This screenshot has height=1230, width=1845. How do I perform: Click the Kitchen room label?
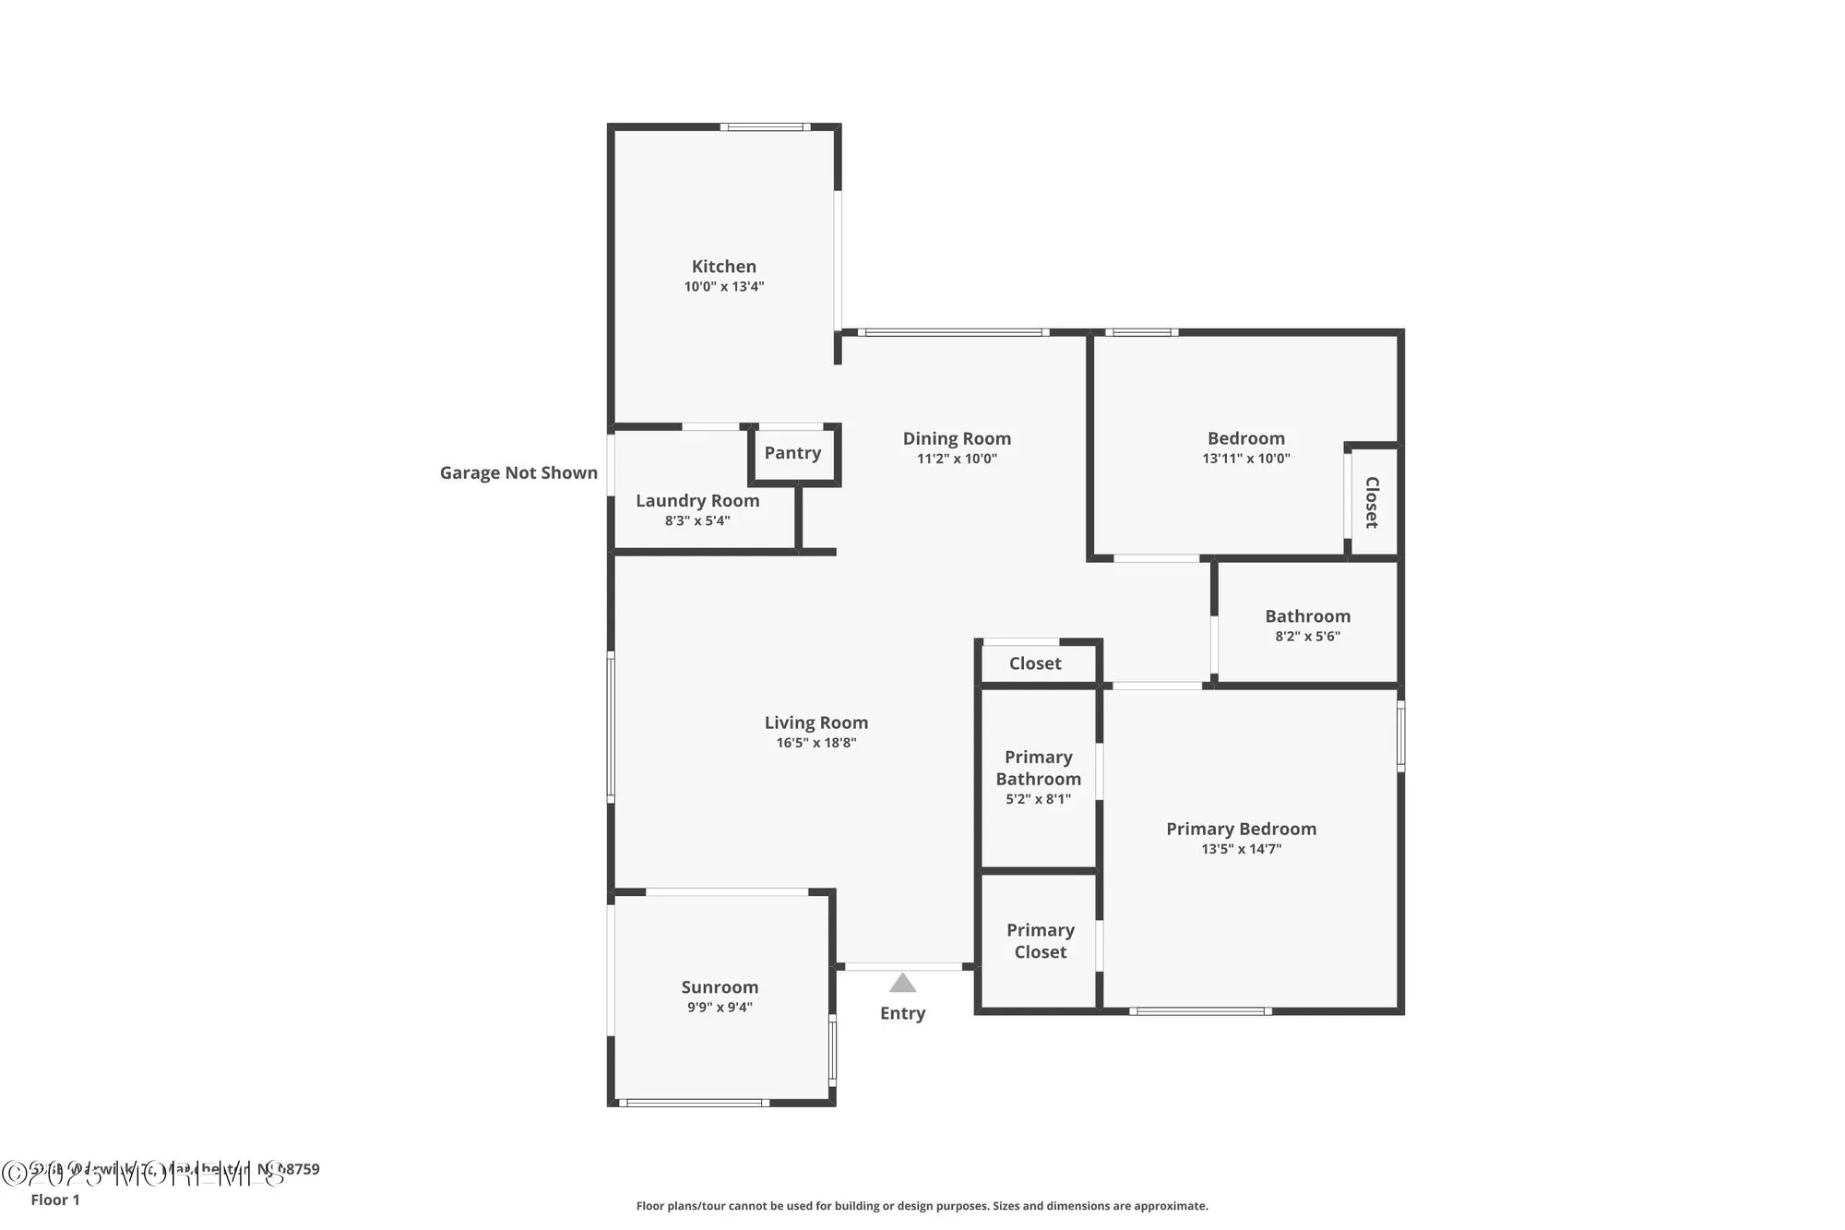pos(723,267)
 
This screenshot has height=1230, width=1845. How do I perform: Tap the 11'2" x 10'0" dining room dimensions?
pos(957,459)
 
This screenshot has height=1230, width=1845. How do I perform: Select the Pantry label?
pos(792,453)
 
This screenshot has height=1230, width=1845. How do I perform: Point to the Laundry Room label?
pos(696,501)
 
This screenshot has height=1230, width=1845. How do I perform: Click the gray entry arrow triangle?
pos(902,984)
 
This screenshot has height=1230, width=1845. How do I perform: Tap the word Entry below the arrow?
pos(902,1013)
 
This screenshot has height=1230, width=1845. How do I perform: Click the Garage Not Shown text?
pos(518,473)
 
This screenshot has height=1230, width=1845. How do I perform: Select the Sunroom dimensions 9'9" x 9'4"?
pos(720,1008)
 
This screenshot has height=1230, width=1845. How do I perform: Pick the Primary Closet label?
pos(1040,941)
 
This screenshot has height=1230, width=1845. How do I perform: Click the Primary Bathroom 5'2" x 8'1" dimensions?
pos(1038,799)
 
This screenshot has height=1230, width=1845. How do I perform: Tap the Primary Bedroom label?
pos(1241,830)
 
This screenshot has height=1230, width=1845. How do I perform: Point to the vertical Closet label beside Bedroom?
pos(1372,502)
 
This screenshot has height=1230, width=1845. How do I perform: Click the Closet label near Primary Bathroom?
pos(1034,663)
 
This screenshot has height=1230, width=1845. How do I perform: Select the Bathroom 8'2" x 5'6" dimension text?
pos(1307,637)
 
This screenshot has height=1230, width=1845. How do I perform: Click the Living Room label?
pos(815,723)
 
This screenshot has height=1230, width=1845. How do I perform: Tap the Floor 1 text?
pos(55,1200)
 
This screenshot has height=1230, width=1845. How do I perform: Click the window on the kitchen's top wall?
pos(765,127)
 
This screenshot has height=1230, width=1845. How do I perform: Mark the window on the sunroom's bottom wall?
pos(693,1103)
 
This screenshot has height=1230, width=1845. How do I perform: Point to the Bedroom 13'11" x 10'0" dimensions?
pos(1245,459)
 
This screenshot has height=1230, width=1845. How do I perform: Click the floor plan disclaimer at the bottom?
pos(922,1206)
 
